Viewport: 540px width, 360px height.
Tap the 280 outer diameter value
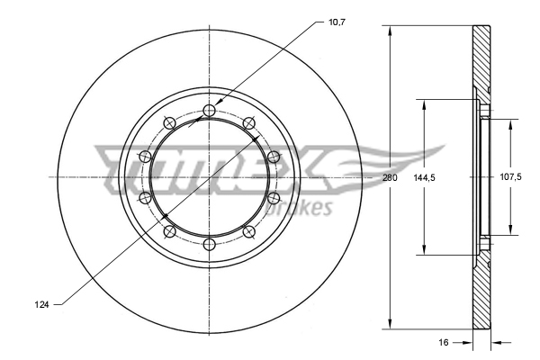[389, 177]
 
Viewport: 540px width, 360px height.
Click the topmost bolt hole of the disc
[209, 110]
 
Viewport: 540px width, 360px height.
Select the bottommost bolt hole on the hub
[209, 244]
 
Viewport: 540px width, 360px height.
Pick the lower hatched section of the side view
[483, 292]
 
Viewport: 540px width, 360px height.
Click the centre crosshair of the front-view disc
[209, 177]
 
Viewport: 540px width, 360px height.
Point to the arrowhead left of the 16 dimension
[468, 342]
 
